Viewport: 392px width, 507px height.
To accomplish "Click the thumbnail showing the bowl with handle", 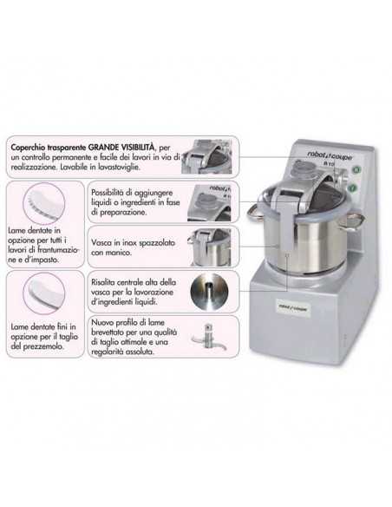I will (211, 246).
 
